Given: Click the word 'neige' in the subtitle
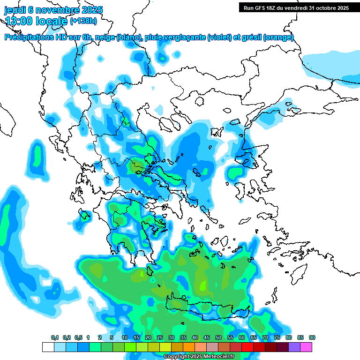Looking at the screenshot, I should (104, 37).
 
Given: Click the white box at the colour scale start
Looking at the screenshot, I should (48, 347).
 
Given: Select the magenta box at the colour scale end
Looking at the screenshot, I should (306, 347).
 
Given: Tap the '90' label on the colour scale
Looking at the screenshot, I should (312, 338).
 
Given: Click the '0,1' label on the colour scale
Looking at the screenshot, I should (54, 338).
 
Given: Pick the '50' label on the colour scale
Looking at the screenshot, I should (218, 338).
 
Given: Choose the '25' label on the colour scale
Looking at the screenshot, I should (160, 338).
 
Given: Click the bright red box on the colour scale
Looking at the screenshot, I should (247, 347).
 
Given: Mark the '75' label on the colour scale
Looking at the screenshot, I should (277, 338).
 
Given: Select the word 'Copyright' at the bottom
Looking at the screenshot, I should (176, 357).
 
